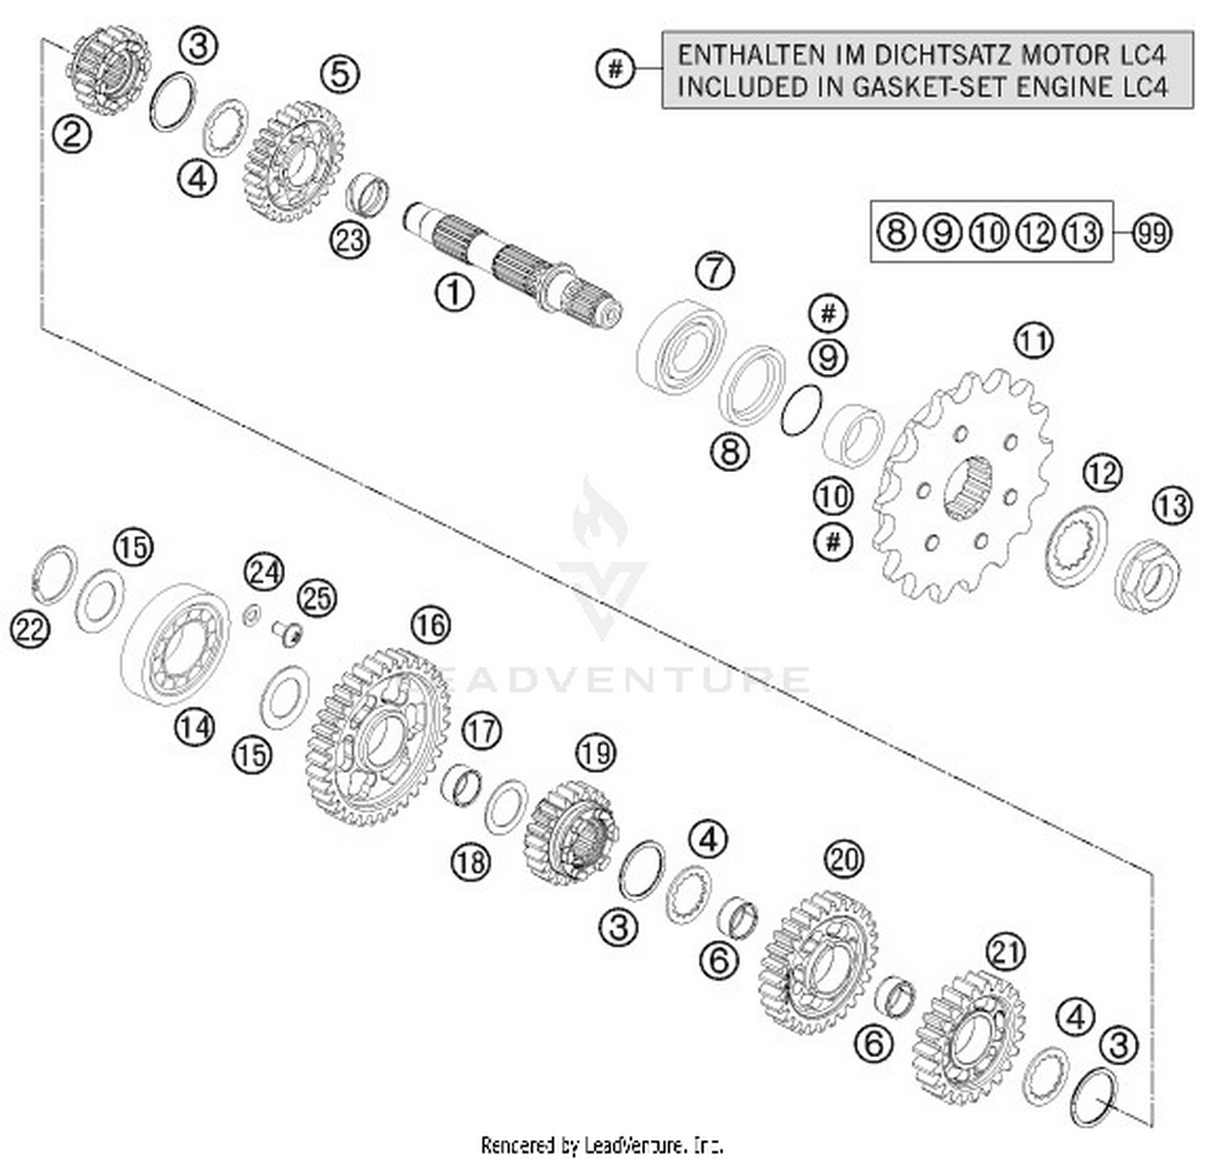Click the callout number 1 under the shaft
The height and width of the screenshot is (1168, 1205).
click(454, 292)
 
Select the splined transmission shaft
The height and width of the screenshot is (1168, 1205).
click(514, 265)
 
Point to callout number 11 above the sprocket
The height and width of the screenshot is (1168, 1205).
click(1033, 340)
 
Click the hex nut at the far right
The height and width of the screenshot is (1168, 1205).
click(1149, 576)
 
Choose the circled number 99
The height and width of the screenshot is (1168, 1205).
click(1152, 233)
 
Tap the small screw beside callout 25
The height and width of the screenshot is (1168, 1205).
click(288, 633)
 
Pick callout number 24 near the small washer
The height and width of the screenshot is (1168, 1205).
click(264, 572)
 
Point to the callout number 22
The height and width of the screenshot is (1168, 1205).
click(30, 629)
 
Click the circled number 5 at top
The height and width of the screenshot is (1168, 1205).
click(340, 74)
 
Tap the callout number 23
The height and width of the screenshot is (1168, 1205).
click(349, 239)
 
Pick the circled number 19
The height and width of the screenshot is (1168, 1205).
click(595, 752)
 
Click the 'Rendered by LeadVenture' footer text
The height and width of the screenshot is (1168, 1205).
click(602, 1145)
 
